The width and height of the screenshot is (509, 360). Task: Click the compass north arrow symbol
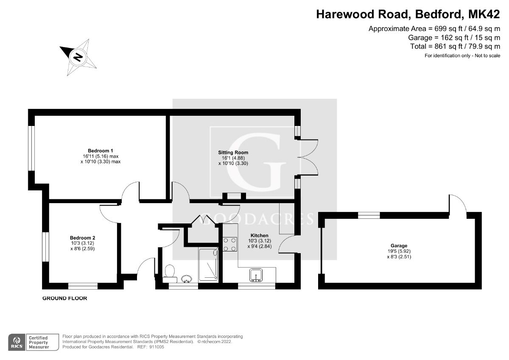click(x=78, y=56)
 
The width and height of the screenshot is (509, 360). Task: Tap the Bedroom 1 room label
click(x=101, y=151)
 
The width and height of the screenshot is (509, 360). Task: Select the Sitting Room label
click(x=233, y=152)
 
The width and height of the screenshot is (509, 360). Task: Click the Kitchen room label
click(x=259, y=235)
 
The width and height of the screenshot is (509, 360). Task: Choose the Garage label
click(x=399, y=246)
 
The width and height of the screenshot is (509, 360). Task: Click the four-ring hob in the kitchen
click(x=230, y=244)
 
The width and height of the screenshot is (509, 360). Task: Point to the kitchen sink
click(x=257, y=275)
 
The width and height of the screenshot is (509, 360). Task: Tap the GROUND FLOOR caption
click(x=64, y=299)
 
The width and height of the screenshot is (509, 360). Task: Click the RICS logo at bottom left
click(x=17, y=341)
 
